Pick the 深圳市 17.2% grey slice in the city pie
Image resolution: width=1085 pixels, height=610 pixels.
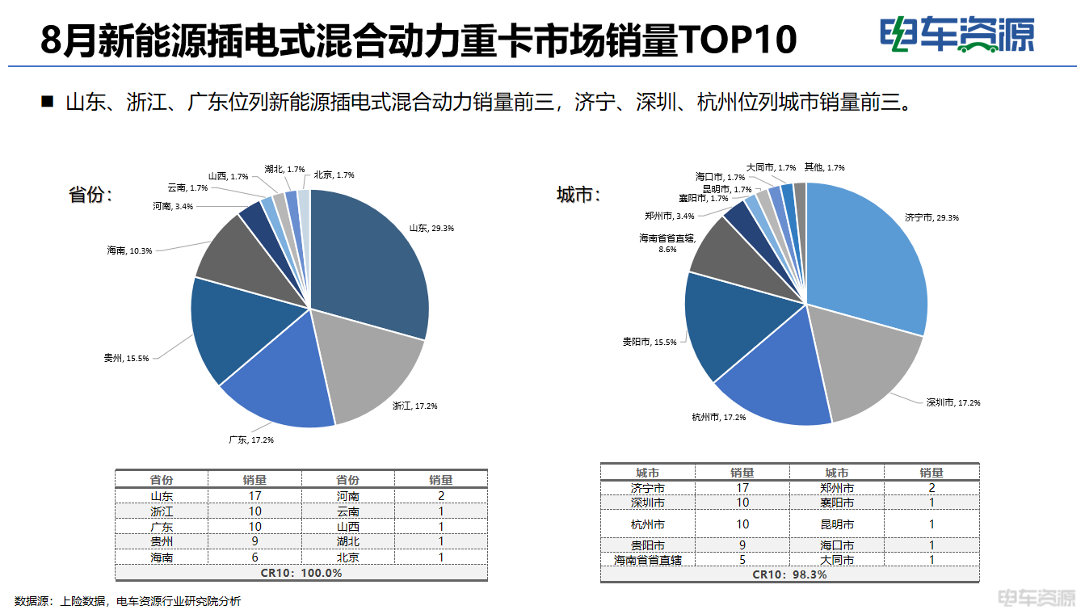[864, 364]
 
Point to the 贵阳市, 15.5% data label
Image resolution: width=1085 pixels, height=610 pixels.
[649, 343]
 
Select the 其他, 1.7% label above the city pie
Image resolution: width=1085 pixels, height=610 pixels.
[824, 167]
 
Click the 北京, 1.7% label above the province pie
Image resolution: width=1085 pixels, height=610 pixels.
[334, 175]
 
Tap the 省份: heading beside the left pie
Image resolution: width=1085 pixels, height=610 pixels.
[90, 196]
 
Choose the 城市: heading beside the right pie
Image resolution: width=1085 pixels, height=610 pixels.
[578, 196]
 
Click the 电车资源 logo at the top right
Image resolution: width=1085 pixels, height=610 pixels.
[958, 36]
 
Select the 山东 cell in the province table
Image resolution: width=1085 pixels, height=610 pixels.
[162, 496]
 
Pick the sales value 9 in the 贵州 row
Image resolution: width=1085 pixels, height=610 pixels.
[254, 542]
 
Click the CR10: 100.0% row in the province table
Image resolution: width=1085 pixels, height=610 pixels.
[301, 573]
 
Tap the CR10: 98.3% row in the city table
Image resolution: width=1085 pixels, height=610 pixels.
[789, 574]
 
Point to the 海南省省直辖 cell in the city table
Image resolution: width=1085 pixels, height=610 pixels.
[648, 559]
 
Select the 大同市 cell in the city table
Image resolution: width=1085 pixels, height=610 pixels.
[837, 559]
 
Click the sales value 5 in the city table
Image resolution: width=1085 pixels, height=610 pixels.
[742, 559]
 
